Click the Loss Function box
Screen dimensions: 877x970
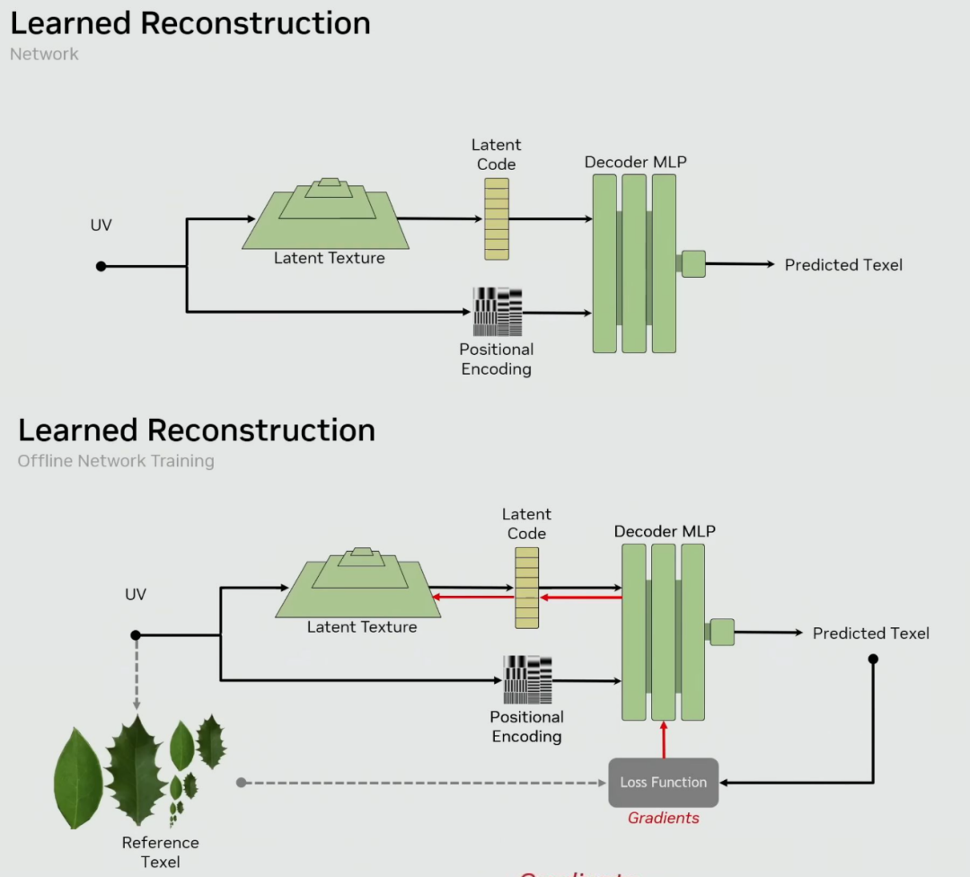coord(664,782)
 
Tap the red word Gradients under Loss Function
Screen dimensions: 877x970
coord(664,818)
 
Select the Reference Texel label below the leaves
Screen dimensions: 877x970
coord(161,852)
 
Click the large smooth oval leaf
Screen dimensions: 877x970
coord(79,778)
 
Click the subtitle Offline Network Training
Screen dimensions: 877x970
coord(116,461)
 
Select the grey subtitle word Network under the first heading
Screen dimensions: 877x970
coord(44,54)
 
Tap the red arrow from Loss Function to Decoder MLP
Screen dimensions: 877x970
coord(664,739)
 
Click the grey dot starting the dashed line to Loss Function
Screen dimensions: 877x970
coord(241,783)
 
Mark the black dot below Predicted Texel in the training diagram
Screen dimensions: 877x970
coord(873,659)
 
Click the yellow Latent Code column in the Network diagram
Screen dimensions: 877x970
coord(497,218)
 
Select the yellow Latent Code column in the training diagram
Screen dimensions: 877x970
coord(527,588)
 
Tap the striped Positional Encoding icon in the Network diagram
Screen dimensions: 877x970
coord(498,311)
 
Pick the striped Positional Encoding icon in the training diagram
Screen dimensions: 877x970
coord(527,680)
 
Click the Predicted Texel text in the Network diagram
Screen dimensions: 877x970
coord(843,265)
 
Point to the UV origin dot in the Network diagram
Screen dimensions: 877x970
coord(101,266)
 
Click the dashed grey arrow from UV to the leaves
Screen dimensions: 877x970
coord(136,674)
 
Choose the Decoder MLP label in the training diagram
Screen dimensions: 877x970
coord(665,531)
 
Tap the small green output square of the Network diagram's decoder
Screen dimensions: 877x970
coord(693,264)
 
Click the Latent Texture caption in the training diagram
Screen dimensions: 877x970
coord(362,627)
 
